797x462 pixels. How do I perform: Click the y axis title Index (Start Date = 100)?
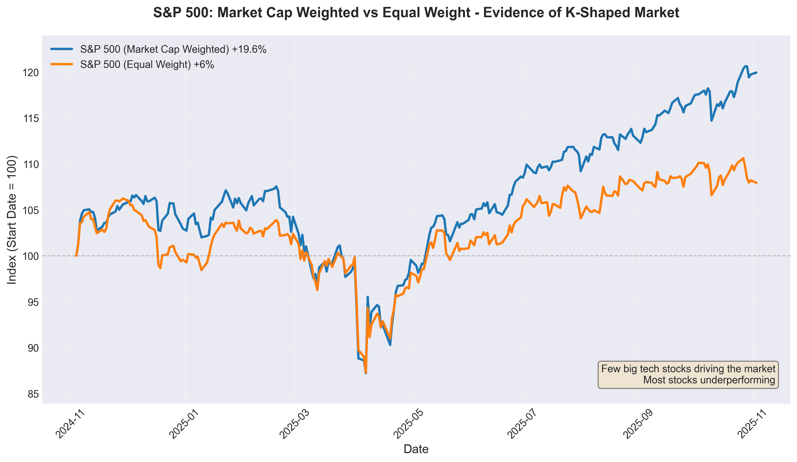coord(12,220)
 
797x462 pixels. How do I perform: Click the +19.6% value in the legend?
coord(249,49)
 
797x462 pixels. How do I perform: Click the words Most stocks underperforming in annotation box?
coord(709,380)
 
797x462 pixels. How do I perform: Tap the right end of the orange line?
coord(756,183)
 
